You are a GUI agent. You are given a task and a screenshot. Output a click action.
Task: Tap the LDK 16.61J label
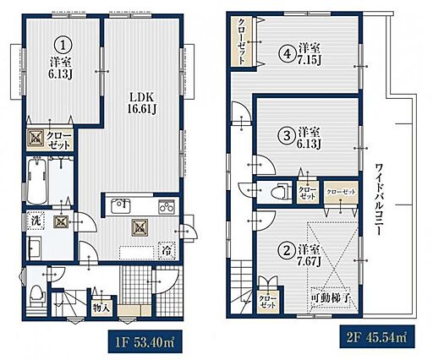[141, 103]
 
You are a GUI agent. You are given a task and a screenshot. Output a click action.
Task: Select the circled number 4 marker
[287, 53]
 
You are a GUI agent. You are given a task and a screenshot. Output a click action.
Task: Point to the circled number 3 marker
[287, 135]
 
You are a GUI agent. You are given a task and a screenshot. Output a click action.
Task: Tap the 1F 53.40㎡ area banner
[145, 342]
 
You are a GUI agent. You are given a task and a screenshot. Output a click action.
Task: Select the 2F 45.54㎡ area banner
[377, 337]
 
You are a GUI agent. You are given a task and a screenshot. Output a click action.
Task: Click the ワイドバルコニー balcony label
[378, 199]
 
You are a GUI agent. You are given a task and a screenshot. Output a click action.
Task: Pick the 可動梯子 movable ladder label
[331, 297]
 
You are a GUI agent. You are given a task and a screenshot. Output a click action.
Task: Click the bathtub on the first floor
[36, 180]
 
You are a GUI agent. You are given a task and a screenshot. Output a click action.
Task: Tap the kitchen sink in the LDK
[121, 206]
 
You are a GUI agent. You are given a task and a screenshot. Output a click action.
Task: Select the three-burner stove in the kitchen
[166, 207]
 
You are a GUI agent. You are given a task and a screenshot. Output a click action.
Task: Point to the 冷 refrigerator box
[167, 251]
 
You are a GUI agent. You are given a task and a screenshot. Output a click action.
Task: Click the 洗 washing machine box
[36, 221]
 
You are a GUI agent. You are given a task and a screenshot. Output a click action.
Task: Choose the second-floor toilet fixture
[280, 191]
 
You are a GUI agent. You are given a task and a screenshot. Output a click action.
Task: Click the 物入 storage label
[101, 308]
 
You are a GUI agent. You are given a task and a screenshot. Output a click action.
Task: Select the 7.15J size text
[309, 59]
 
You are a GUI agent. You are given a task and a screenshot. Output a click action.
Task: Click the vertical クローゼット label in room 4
[241, 41]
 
